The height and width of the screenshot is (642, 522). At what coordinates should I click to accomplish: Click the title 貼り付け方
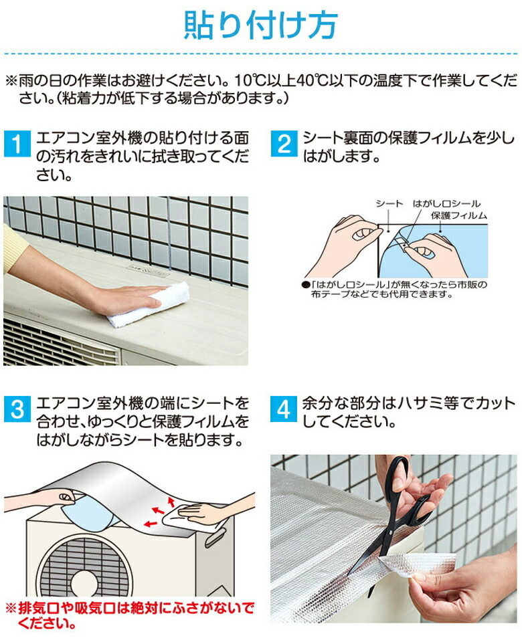click(x=261, y=25)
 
